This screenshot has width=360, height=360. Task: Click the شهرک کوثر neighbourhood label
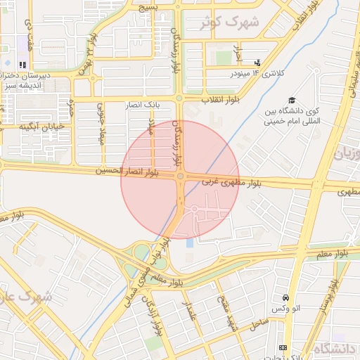pos(230,22)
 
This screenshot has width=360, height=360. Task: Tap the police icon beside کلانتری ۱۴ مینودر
pos(257,63)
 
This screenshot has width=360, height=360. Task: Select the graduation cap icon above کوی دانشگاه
pos(292,101)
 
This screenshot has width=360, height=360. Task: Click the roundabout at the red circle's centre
pos(181,176)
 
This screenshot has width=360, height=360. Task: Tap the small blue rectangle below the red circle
pos(189,243)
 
